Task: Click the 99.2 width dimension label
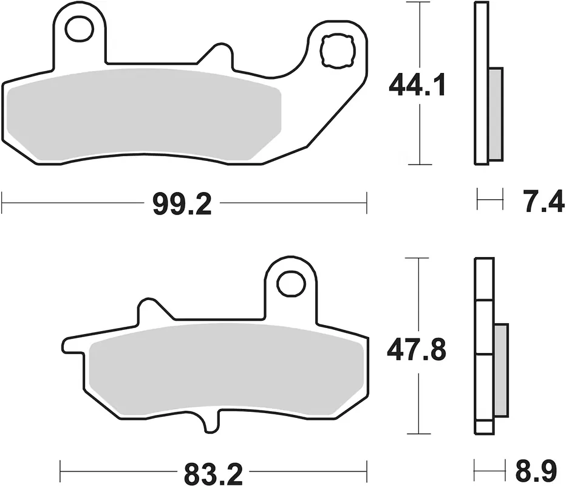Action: (x=182, y=204)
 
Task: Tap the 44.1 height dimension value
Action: (x=417, y=85)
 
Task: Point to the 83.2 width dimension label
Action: (x=213, y=474)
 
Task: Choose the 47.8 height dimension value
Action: (x=417, y=349)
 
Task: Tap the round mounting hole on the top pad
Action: (x=79, y=29)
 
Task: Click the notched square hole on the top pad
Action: (x=338, y=50)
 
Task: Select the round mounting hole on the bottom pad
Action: (x=291, y=284)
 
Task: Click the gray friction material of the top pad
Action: (x=144, y=114)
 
